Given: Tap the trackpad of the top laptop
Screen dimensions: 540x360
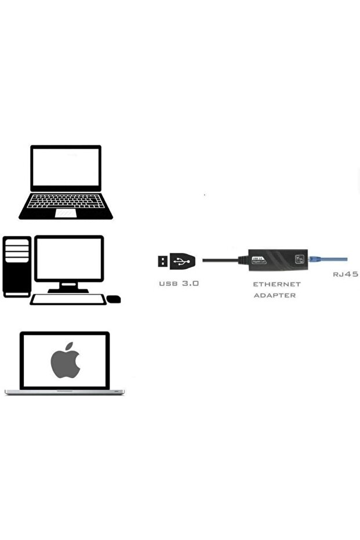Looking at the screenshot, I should [66, 213].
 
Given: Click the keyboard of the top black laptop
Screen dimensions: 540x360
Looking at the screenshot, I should [66, 201].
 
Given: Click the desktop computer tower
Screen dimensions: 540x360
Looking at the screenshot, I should [17, 266].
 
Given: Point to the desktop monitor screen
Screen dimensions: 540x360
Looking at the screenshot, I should [69, 258].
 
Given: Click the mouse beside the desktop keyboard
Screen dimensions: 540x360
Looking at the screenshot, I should [114, 299].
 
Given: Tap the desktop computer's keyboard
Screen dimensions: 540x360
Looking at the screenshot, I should [68, 299].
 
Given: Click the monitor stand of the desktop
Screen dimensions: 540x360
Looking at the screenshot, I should [68, 287].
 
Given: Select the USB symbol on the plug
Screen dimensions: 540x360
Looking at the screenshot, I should [182, 261].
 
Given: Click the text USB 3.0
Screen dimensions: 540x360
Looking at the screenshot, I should [179, 284].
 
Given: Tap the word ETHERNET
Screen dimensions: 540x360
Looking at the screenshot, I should [277, 284].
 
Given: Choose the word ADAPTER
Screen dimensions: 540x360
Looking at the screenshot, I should [275, 295].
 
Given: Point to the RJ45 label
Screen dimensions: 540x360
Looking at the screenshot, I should [345, 274].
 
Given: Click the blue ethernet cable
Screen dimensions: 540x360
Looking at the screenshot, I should [330, 259].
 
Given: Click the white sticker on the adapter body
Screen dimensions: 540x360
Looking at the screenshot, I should [259, 260].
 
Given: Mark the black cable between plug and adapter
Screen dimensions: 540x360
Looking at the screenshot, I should [220, 260].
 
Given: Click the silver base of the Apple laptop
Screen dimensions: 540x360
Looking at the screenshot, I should [64, 392].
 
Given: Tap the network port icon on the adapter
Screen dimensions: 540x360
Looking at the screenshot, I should [299, 259].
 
